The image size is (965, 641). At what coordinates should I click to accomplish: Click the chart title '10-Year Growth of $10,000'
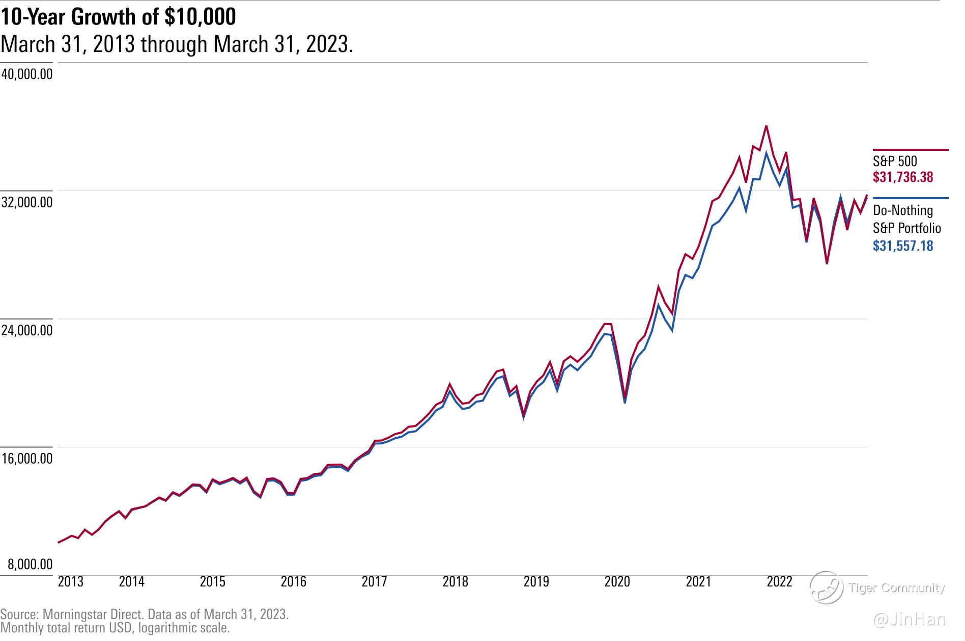click(x=118, y=17)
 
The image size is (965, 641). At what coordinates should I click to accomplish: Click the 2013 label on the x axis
click(x=71, y=582)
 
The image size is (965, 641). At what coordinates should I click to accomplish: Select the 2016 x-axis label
click(x=294, y=582)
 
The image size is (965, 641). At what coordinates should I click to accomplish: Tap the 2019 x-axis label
click(x=536, y=582)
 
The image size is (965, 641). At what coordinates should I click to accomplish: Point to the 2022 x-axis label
click(x=779, y=582)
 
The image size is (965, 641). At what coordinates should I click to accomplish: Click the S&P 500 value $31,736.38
click(x=903, y=177)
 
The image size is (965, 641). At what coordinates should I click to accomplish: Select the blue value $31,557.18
click(x=903, y=246)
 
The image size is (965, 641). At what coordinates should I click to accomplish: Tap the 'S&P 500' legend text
click(x=895, y=162)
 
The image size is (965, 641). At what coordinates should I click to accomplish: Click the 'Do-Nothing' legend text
click(x=903, y=210)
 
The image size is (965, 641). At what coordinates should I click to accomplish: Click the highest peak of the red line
click(x=767, y=126)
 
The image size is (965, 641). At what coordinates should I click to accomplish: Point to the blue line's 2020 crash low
click(x=625, y=403)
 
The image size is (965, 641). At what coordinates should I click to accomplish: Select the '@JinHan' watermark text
click(x=910, y=620)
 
